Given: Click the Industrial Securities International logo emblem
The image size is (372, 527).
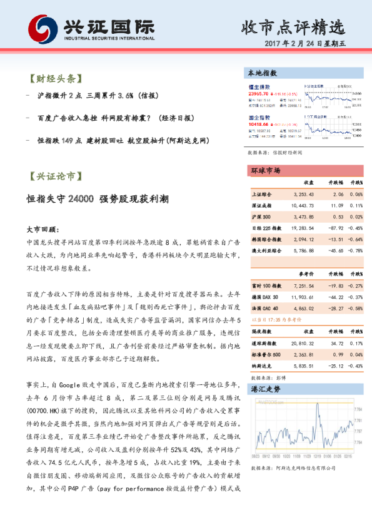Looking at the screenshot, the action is tap(42, 28).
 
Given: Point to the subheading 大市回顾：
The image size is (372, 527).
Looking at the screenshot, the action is tap(43, 229).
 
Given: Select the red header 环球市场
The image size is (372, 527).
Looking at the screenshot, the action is tap(265, 170).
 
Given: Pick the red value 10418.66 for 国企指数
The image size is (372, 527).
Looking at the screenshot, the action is tap(258, 125).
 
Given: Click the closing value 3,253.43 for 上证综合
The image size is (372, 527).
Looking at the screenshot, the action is tap(303, 195).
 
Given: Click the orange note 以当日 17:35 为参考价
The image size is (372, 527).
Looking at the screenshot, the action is tap(272, 319).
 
